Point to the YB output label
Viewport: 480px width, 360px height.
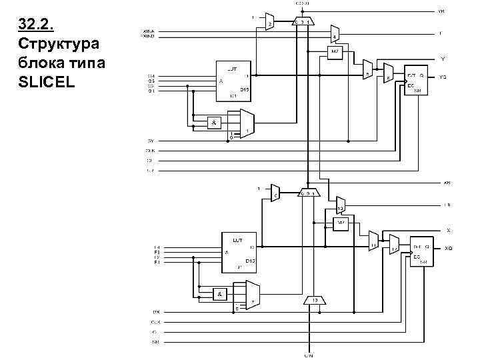click(441, 11)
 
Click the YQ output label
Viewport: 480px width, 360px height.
click(443, 77)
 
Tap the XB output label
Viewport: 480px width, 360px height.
click(447, 182)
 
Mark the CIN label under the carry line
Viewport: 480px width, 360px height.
click(309, 355)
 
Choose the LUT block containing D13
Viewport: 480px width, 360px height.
click(238, 251)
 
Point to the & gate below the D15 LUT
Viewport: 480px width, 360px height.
click(214, 123)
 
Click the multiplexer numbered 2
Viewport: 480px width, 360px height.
click(269, 22)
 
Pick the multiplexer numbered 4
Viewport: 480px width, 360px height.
click(336, 33)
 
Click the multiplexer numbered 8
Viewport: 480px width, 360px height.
click(389, 73)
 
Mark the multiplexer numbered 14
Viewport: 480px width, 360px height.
click(394, 245)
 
